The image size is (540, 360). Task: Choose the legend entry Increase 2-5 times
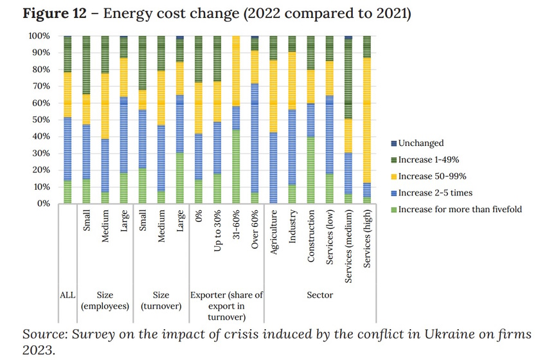click(435, 193)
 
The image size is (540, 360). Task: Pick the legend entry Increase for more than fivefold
click(458, 210)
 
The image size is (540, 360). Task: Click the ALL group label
click(67, 295)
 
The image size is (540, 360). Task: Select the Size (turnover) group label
click(161, 301)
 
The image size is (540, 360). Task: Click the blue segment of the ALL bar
click(67, 148)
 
